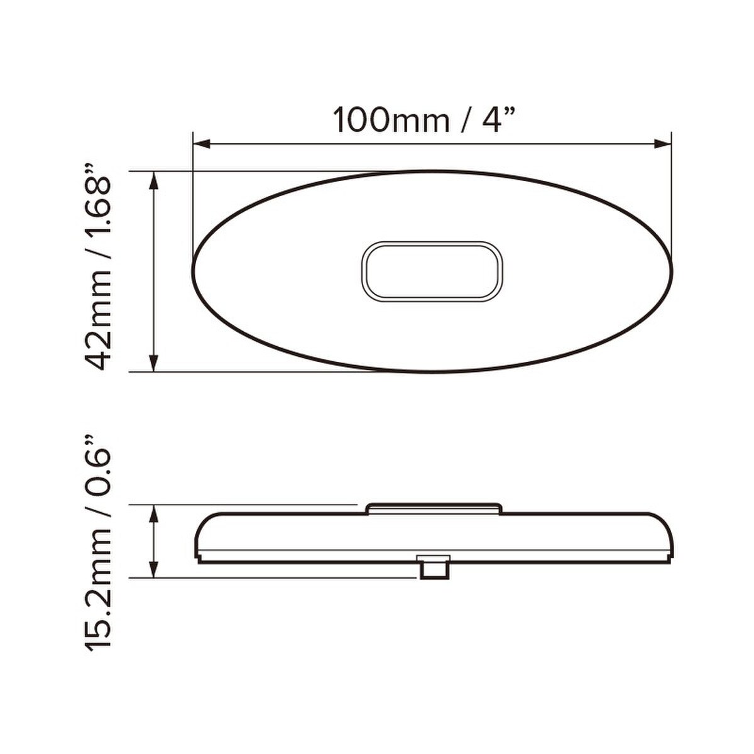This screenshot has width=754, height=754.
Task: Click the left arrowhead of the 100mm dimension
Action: [202, 145]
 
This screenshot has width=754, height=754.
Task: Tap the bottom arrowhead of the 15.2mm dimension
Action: [154, 569]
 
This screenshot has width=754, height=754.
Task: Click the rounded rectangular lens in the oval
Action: [432, 271]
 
